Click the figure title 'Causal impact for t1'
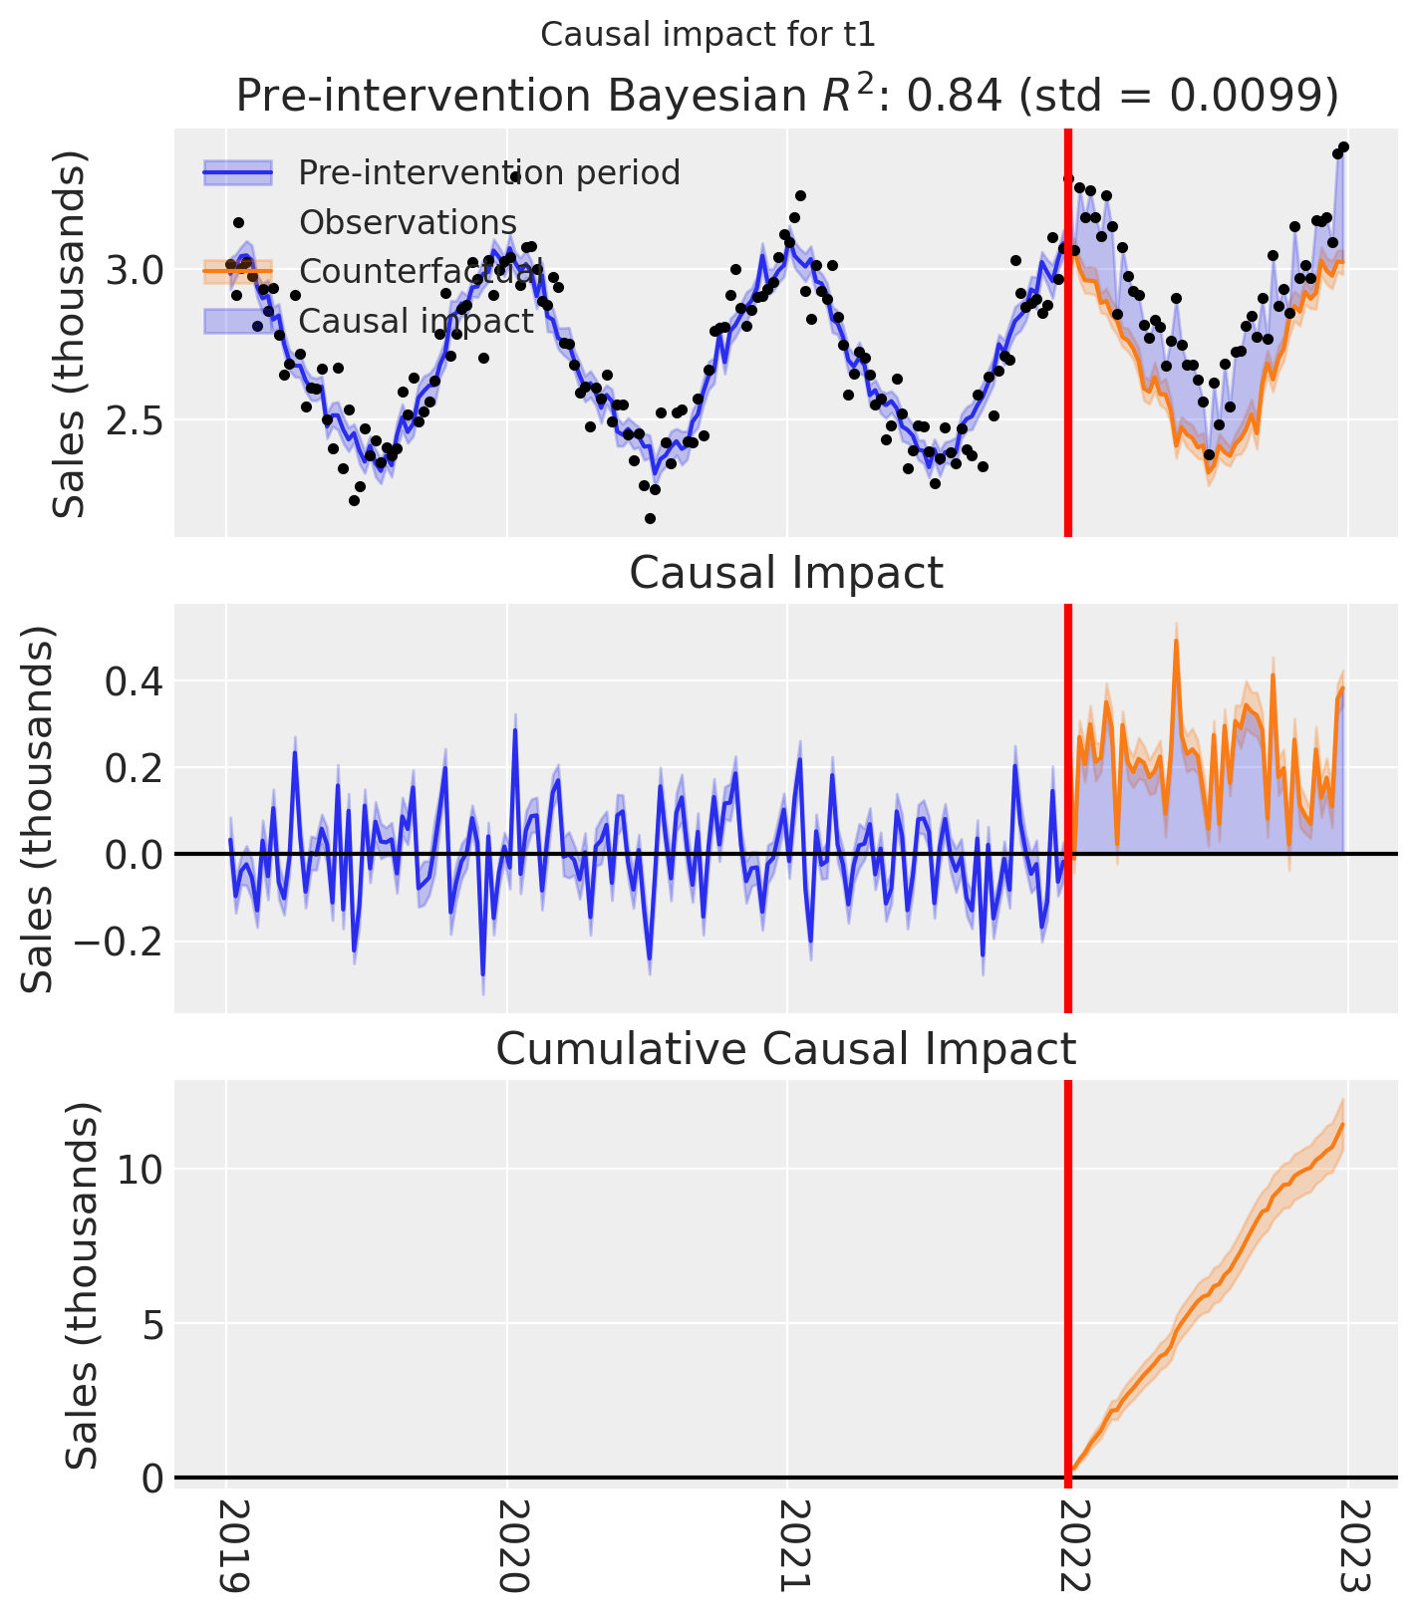(x=708, y=35)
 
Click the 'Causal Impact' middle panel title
(x=786, y=574)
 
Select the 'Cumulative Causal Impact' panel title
(x=786, y=1050)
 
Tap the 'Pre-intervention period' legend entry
(x=488, y=173)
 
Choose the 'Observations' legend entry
(x=408, y=222)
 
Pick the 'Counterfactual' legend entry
(x=419, y=271)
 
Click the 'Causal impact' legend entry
(x=416, y=321)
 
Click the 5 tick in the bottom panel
(x=151, y=1323)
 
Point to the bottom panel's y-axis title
(x=83, y=1285)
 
